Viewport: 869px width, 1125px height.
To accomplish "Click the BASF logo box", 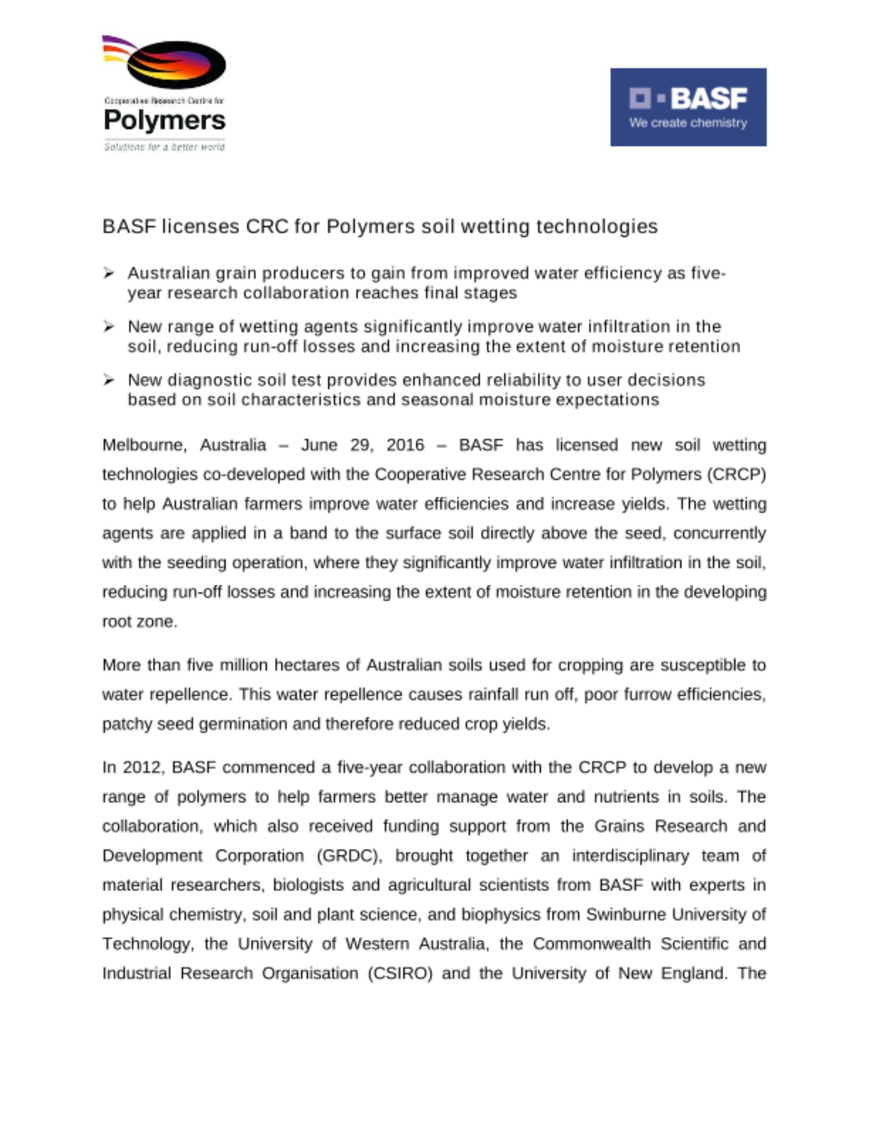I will pyautogui.click(x=688, y=107).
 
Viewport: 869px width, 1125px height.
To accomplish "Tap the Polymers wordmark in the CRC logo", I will pyautogui.click(x=164, y=120).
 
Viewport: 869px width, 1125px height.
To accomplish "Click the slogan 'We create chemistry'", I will pyautogui.click(x=688, y=123).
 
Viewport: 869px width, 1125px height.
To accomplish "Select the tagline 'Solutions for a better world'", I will pyautogui.click(x=164, y=147).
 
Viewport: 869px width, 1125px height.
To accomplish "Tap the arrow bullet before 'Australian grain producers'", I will pyautogui.click(x=109, y=273).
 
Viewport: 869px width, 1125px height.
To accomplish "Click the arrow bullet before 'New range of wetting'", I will pyautogui.click(x=109, y=327).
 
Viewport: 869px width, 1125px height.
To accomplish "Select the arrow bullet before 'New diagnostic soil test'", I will pyautogui.click(x=109, y=380).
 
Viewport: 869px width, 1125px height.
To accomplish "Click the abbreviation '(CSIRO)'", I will pyautogui.click(x=400, y=973).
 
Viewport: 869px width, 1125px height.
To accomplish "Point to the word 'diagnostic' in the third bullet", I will pyautogui.click(x=210, y=380).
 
